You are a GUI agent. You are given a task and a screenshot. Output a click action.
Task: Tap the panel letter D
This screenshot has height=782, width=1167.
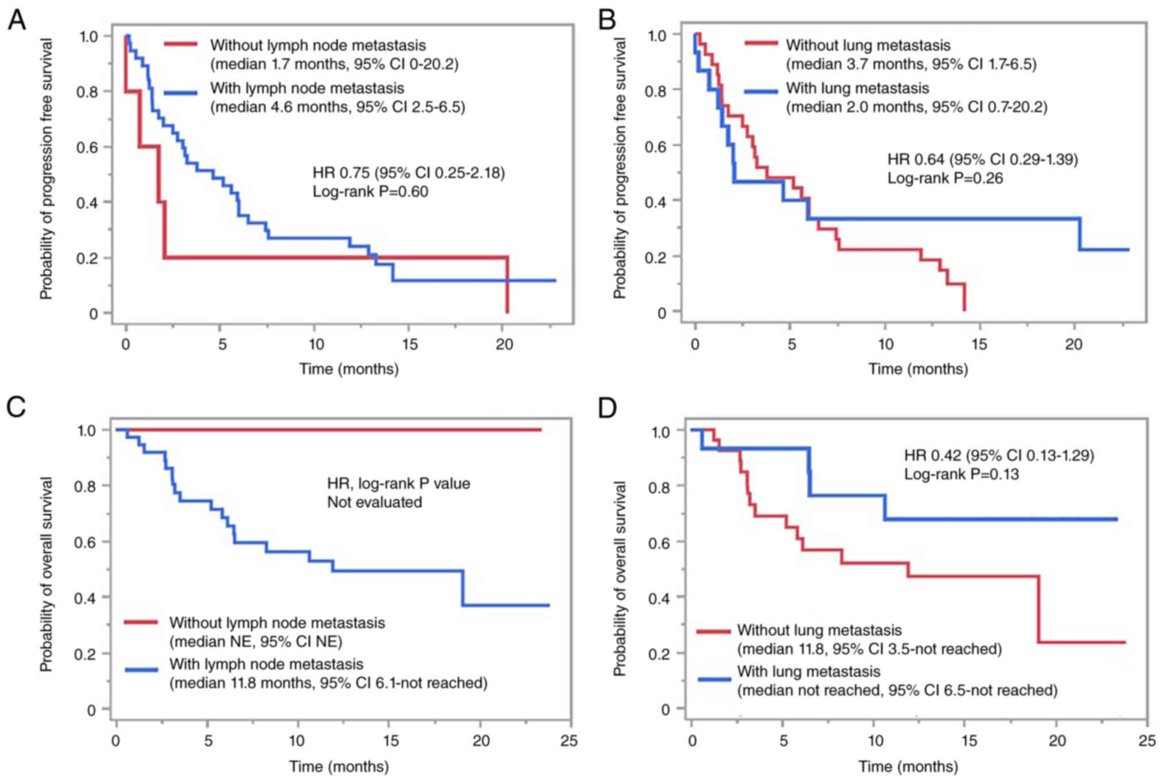point(606,408)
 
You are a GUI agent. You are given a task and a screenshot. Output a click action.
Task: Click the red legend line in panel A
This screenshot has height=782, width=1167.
point(180,45)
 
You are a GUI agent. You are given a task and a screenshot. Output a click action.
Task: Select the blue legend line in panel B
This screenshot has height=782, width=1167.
point(762,90)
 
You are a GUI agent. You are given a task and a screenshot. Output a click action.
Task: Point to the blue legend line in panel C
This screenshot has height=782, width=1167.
point(141,669)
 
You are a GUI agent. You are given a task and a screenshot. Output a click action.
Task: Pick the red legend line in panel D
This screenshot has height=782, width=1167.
point(714,632)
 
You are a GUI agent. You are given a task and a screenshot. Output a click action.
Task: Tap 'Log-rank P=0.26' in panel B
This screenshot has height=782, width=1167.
point(945,178)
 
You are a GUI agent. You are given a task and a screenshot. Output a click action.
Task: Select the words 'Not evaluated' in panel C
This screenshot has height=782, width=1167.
point(374,502)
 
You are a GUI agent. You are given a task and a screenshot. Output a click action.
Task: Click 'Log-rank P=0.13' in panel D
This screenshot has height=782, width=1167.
point(961,474)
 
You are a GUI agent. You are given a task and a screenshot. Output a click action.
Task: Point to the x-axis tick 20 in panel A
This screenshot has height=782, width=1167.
point(504,344)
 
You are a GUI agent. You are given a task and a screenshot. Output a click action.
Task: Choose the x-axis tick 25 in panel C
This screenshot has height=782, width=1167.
point(569,741)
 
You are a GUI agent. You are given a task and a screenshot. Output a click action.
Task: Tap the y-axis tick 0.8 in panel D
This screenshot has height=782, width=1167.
point(660,486)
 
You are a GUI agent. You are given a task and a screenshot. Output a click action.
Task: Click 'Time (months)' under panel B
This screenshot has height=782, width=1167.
point(918,369)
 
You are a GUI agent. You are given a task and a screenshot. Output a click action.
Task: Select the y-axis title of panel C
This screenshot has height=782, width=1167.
point(45,574)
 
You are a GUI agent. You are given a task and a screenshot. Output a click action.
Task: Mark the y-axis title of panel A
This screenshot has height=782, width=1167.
point(45,169)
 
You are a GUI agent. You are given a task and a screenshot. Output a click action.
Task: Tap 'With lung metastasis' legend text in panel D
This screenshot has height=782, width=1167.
point(808,671)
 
